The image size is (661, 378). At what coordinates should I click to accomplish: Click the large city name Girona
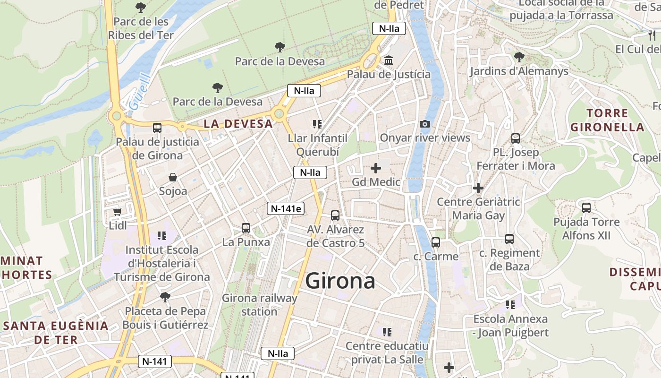pos(340,281)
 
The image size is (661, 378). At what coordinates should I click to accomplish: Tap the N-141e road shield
pos(285,208)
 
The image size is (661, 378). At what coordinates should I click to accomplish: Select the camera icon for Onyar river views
pos(425,124)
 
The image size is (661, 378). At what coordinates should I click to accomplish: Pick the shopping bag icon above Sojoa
pos(173,178)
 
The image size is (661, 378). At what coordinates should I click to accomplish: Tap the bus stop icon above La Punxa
pos(246,228)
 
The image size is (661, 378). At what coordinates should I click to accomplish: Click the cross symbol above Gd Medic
pos(376,168)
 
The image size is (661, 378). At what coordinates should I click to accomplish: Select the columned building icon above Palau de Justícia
pos(389,60)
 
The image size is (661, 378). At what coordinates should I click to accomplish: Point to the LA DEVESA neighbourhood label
pos(238,124)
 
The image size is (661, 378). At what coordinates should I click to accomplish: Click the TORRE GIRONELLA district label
pos(607,120)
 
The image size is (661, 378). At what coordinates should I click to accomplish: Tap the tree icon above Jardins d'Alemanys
pos(519,57)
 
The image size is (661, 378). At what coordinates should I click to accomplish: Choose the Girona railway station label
pos(259,305)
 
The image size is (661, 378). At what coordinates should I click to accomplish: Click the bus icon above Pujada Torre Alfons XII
pos(586,208)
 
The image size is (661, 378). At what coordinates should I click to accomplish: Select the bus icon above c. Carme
pos(436,242)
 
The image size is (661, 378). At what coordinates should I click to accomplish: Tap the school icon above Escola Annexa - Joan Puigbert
pos(510,305)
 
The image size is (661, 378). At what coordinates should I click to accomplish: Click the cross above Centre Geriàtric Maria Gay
pos(478,188)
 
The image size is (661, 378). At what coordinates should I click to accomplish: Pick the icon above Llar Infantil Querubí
pos(317,124)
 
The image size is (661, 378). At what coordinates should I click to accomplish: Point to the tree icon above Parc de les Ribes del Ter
pos(141,8)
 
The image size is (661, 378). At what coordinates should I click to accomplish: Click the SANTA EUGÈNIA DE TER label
pos(56,332)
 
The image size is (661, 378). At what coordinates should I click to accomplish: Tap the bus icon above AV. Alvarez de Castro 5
pos(335,215)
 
